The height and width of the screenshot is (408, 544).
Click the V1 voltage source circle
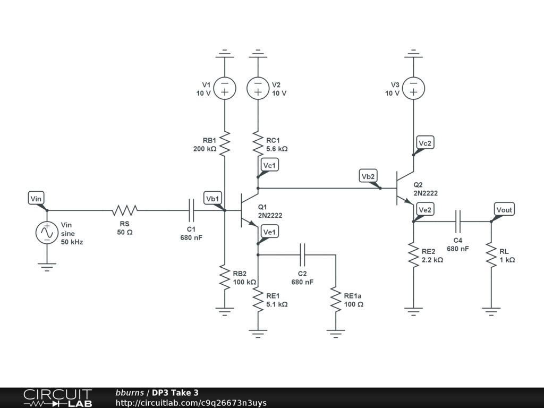225,88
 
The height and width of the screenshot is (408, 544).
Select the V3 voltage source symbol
413,88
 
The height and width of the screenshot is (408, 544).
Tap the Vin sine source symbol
47,233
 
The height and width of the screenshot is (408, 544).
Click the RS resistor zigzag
125,210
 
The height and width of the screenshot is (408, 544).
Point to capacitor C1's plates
191,210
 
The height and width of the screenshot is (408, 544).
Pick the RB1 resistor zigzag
225,143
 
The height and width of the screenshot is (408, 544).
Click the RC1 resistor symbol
258,143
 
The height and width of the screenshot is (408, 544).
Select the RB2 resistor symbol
225,277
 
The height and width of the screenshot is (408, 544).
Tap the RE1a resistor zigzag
336,299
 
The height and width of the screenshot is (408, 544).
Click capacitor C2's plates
302,254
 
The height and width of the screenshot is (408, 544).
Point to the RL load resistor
491,254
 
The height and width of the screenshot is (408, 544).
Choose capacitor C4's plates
457,222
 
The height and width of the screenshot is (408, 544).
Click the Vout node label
504,209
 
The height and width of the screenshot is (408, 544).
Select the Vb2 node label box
368,176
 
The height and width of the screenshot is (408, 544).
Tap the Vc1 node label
269,165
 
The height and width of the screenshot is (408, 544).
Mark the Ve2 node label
425,209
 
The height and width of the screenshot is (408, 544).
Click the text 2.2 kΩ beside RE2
432,260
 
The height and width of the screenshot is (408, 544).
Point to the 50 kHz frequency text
72,242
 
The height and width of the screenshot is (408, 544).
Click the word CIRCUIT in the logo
57,395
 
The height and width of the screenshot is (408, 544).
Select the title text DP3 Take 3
175,393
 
